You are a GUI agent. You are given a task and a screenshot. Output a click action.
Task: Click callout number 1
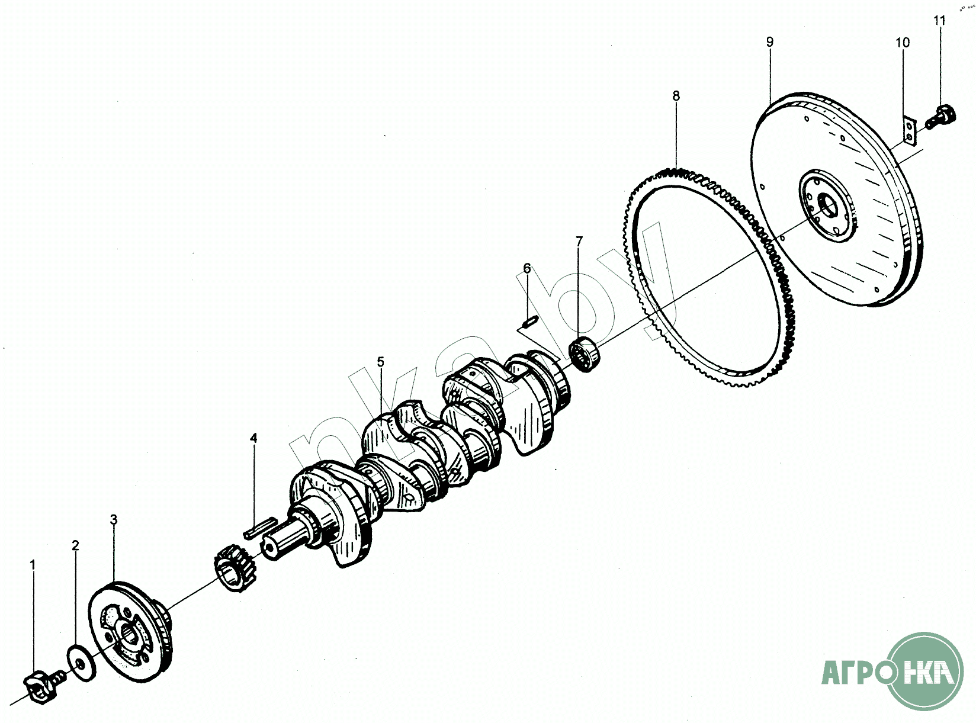coord(33,565)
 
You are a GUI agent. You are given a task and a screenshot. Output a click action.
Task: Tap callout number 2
coord(75,545)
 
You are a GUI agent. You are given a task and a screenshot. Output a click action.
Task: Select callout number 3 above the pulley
coord(114,519)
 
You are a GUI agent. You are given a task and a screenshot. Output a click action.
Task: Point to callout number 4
coord(253,438)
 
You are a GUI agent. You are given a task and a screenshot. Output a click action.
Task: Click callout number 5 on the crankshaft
coord(380,361)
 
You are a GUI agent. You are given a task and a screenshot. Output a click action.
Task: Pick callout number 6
coord(527,268)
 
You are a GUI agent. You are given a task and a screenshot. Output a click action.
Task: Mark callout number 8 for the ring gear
coord(676,95)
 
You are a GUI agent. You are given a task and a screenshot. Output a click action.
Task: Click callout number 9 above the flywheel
coord(769,41)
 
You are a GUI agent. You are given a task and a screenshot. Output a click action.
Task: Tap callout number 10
coord(902,42)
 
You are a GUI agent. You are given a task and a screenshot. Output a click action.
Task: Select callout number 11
coord(940,20)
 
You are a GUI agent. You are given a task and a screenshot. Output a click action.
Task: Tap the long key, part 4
coord(259,528)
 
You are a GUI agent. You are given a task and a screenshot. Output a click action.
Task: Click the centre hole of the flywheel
coord(828,205)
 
